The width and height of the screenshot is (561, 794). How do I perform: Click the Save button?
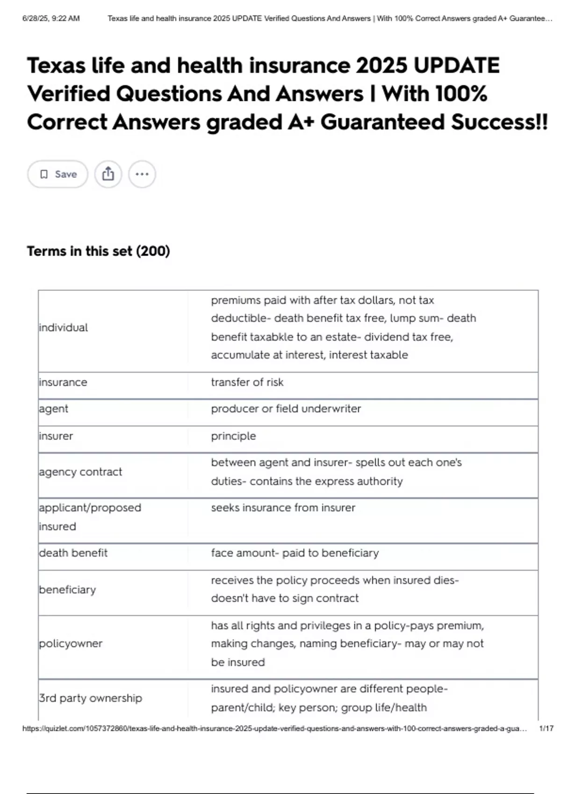point(58,174)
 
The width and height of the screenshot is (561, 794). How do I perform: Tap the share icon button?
point(108,174)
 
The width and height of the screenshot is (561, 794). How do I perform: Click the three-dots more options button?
point(142,174)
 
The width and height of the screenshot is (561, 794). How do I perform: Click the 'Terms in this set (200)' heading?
point(98,251)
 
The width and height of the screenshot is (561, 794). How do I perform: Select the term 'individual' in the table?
point(64,327)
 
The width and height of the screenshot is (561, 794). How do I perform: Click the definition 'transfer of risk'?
point(247,382)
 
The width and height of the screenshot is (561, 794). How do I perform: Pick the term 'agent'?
point(54,409)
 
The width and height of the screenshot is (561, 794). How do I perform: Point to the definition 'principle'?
point(233,436)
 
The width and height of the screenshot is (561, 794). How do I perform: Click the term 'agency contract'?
point(80,472)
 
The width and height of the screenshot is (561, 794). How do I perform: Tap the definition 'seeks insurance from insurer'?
point(283,508)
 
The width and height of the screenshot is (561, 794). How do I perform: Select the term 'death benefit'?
point(73,553)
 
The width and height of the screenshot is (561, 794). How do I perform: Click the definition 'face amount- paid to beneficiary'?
point(295,553)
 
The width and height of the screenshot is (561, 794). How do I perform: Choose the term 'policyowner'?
point(71,644)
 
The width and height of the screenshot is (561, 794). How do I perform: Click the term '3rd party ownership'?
point(91,698)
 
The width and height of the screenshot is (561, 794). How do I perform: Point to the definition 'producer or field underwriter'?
point(286,409)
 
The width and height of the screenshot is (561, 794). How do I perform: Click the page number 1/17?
point(546,728)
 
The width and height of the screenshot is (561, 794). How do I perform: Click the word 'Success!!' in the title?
point(499,122)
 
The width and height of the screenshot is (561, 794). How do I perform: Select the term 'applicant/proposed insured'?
point(90,517)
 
